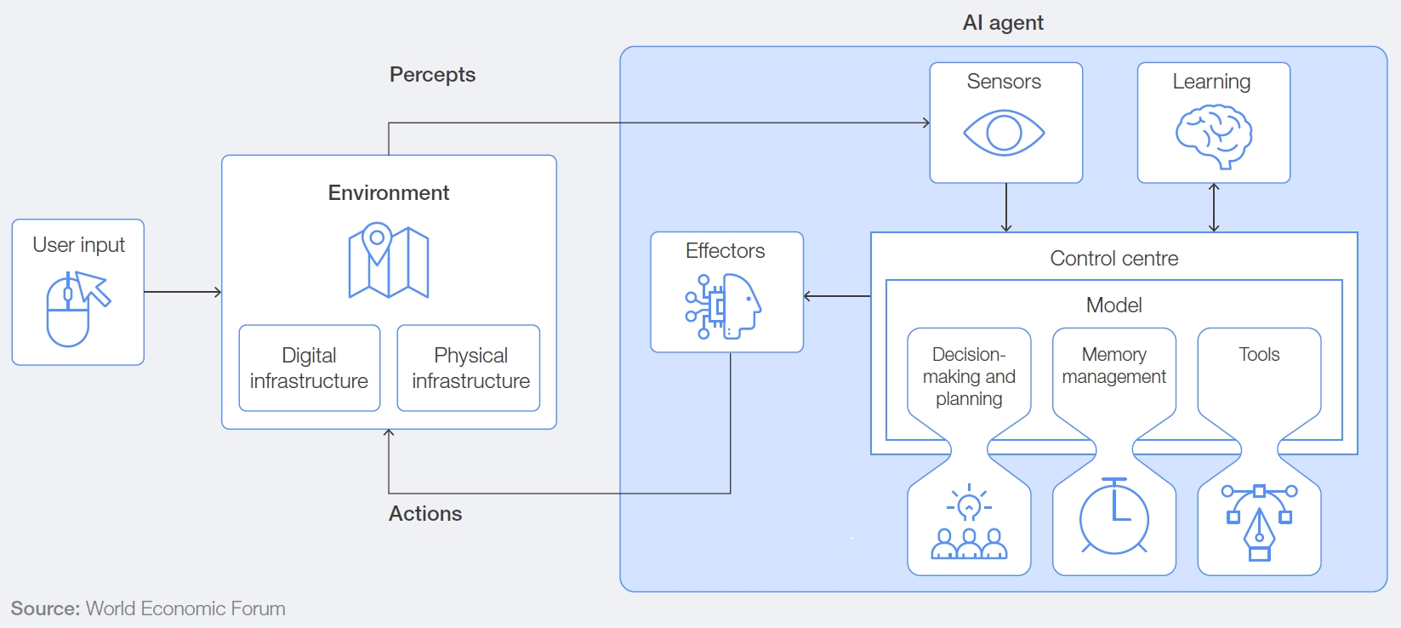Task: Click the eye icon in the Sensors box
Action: click(x=1004, y=133)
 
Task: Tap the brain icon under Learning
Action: click(x=1214, y=135)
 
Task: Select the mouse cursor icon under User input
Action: click(x=77, y=308)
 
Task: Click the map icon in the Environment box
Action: click(x=389, y=260)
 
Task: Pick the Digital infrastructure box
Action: click(x=309, y=368)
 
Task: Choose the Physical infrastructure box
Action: click(x=470, y=368)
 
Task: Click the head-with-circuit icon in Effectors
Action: click(x=724, y=306)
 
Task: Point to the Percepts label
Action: click(x=432, y=75)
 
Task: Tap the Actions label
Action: click(x=425, y=514)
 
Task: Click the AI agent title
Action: click(x=1003, y=23)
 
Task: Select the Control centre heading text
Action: click(x=1113, y=259)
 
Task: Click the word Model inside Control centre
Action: click(x=1113, y=305)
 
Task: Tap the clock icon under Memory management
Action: click(x=1113, y=517)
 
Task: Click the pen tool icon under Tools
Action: click(x=1259, y=521)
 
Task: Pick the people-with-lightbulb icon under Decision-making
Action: click(x=969, y=522)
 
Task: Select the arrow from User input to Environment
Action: click(x=183, y=292)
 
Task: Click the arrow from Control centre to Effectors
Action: click(x=837, y=296)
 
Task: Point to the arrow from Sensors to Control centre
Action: click(x=1006, y=208)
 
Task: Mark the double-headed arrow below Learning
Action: click(x=1214, y=208)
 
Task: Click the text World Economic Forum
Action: click(x=185, y=608)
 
